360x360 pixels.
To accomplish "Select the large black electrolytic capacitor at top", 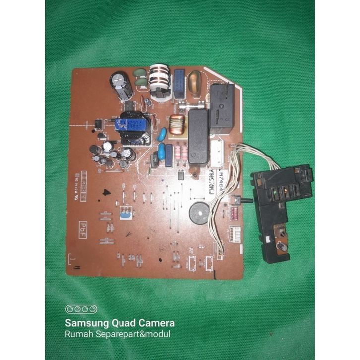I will [x=122, y=85].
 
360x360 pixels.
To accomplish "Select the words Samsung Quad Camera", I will [x=120, y=323].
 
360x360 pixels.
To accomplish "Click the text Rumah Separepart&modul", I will [x=118, y=334].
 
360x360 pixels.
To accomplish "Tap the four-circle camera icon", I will [x=77, y=309].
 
